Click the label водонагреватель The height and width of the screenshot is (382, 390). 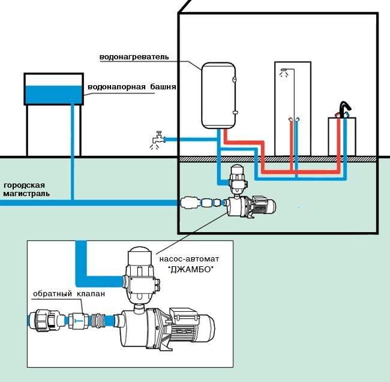(134, 57)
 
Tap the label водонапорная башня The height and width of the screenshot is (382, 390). (132, 87)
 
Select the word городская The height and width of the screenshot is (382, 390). (25, 185)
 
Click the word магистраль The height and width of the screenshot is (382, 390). (26, 194)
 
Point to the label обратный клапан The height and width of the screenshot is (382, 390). (69, 294)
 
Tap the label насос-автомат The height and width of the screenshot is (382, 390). (189, 259)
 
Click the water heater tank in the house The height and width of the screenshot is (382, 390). (218, 96)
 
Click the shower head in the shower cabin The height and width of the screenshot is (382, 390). (283, 70)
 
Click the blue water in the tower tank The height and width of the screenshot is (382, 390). (54, 95)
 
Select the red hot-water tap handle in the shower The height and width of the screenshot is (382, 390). (290, 119)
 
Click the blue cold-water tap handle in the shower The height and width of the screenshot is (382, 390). (297, 119)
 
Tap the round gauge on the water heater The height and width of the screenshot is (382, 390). (234, 80)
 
